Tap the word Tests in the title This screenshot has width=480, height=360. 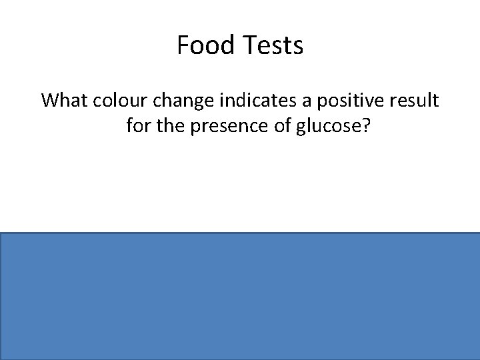point(273,46)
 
